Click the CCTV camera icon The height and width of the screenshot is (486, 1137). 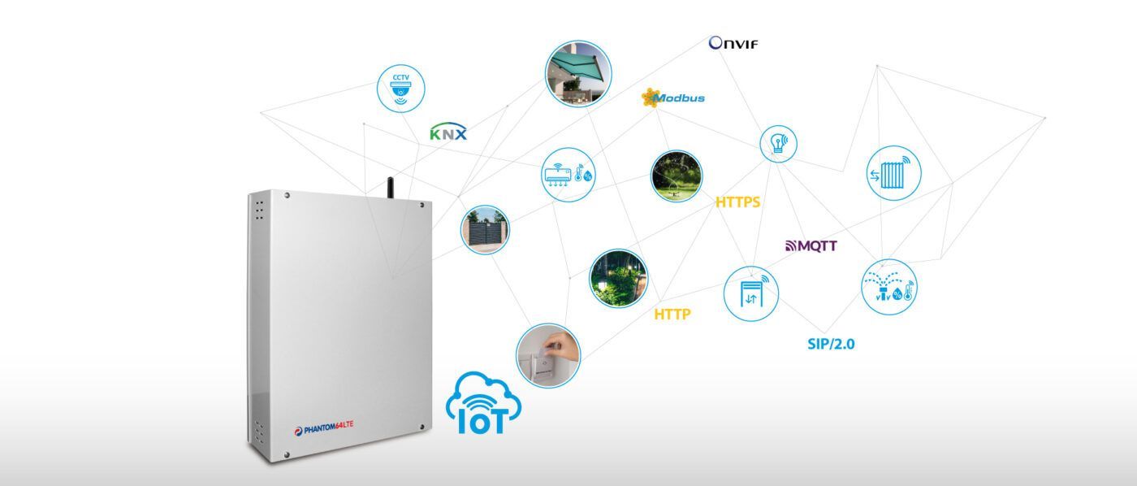point(401,89)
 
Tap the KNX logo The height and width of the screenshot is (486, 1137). point(448,132)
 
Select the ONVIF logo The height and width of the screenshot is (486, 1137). point(733,43)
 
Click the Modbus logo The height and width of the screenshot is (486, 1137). point(673,98)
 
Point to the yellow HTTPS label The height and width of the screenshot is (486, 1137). point(737,202)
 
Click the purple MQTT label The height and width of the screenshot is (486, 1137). point(811,245)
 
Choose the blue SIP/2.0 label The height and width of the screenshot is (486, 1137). point(831,344)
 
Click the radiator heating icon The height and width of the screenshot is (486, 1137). point(894,172)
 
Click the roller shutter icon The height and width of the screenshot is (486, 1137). point(750,293)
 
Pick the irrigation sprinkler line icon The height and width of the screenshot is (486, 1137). point(888,287)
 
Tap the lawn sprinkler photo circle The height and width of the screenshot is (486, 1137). point(677,176)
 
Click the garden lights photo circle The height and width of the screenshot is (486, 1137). point(618,278)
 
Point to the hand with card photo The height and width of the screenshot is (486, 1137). point(548,355)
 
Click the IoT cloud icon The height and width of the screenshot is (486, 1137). point(484,404)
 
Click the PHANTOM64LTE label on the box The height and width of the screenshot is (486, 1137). point(324,424)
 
